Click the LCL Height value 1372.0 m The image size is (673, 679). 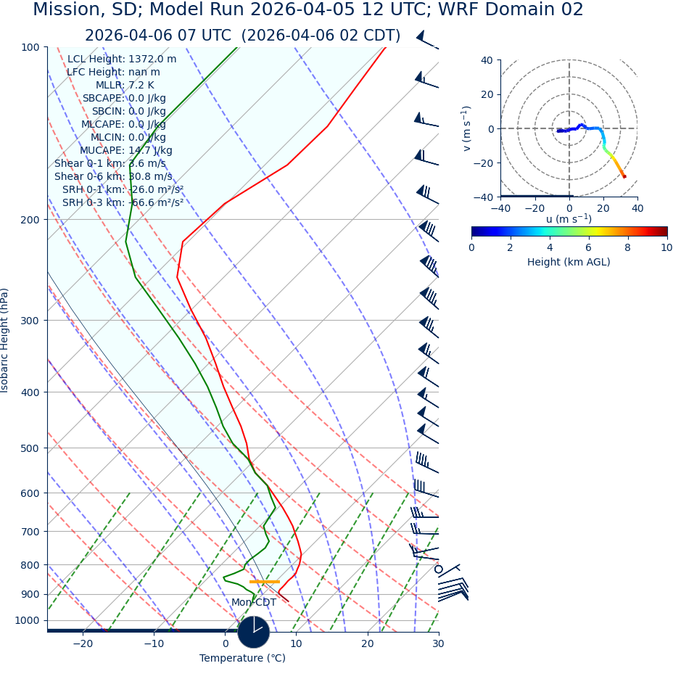click(152, 59)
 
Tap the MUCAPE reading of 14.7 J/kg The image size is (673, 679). click(150, 150)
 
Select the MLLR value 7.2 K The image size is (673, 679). click(141, 85)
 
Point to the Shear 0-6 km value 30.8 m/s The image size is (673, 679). click(150, 176)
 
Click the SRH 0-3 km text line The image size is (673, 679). click(123, 202)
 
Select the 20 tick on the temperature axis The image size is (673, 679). click(368, 643)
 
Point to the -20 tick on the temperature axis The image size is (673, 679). click(83, 643)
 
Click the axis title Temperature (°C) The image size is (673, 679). click(242, 658)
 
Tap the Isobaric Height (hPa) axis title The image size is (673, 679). click(5, 340)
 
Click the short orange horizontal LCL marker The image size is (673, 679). click(264, 581)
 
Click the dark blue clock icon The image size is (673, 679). click(253, 632)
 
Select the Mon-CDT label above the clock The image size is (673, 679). click(253, 603)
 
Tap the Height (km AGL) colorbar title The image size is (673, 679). click(569, 262)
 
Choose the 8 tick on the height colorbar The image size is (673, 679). click(627, 247)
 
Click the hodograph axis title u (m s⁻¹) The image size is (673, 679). click(569, 219)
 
